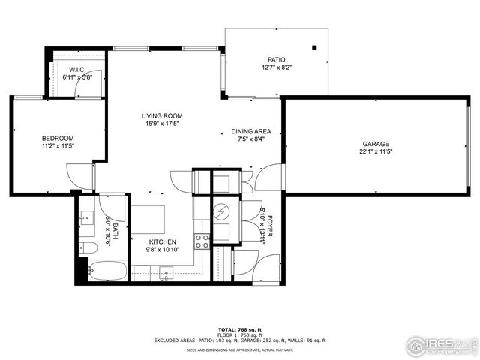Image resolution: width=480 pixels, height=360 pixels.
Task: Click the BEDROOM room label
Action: point(58,139)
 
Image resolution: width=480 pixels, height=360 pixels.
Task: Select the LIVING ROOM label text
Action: point(162,116)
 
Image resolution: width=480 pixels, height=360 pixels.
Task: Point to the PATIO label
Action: point(277,59)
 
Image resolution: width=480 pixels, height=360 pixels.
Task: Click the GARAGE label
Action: point(376,143)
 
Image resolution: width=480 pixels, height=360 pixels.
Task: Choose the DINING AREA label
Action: point(247,131)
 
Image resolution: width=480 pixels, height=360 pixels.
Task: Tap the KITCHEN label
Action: point(162,242)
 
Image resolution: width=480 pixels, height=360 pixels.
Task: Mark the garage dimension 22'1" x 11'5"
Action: point(376,151)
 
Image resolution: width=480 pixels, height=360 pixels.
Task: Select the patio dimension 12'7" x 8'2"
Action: point(277,67)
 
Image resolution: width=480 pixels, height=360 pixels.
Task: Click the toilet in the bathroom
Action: point(86,248)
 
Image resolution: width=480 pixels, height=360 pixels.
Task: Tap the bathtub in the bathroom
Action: point(108,269)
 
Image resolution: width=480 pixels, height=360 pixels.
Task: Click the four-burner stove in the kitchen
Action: point(202,241)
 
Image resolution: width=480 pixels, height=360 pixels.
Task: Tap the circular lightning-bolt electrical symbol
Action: point(221,213)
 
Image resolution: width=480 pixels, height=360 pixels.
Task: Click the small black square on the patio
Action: point(314,48)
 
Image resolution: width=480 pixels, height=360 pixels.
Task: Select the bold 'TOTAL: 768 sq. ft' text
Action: point(240,330)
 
